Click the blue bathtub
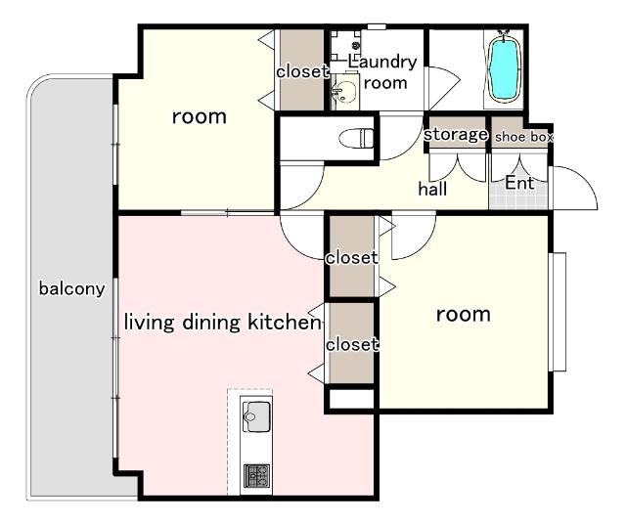point(505,68)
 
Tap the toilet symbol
point(356,138)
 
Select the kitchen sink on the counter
point(256,416)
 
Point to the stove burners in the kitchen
point(256,475)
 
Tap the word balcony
point(71,288)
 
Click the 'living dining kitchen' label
point(222,322)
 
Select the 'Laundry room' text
point(382,72)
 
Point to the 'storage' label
point(456,135)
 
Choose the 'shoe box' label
point(524,137)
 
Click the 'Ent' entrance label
point(519,183)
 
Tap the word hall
point(432,189)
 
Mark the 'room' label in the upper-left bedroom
point(200,116)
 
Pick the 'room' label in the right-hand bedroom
point(463,315)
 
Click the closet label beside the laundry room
point(302,71)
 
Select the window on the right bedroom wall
point(558,312)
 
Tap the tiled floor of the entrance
point(518,195)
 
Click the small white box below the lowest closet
point(352,399)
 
